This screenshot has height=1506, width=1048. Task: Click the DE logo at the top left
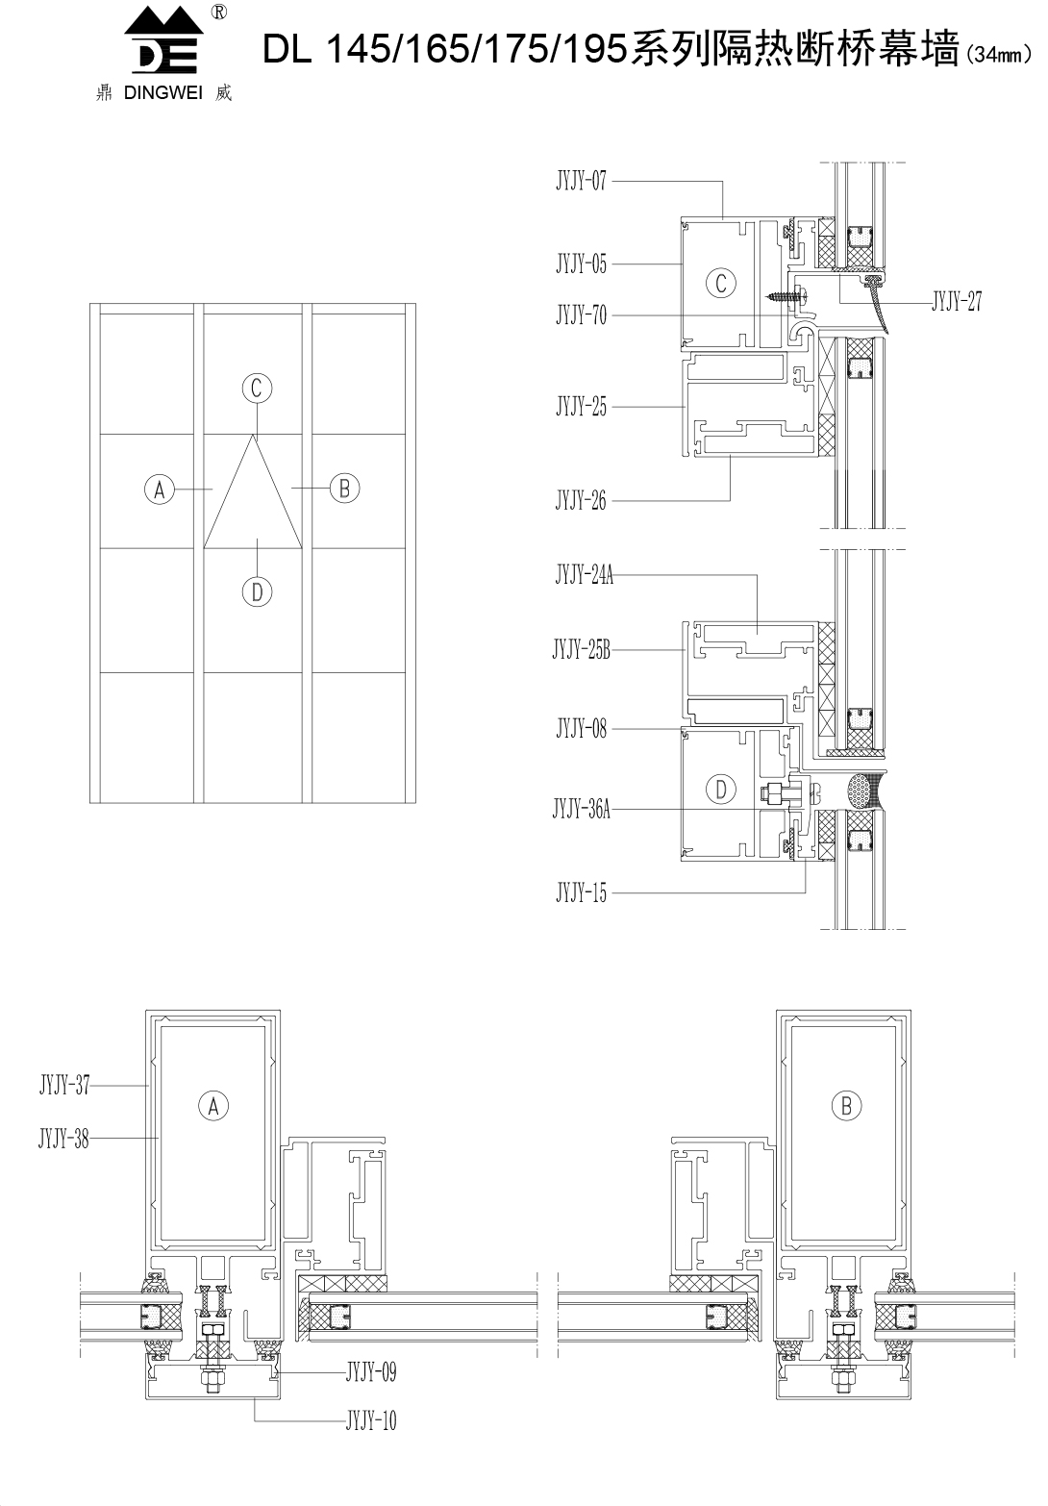tap(163, 41)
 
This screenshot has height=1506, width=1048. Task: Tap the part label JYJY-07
tap(581, 181)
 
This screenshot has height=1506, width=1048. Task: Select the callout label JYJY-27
tap(957, 302)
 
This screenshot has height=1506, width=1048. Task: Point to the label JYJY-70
tap(581, 314)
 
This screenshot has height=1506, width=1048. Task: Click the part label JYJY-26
tap(581, 500)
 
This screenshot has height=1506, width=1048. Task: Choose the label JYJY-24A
tap(585, 575)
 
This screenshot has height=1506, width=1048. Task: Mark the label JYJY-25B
tap(582, 650)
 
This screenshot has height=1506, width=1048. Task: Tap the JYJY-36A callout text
tap(582, 809)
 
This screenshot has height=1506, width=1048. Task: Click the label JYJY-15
tap(581, 892)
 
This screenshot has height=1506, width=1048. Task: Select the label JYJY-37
tap(64, 1085)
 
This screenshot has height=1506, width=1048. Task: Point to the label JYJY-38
tap(63, 1139)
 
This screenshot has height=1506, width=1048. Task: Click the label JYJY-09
tap(371, 1371)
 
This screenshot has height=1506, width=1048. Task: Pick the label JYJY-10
tap(371, 1420)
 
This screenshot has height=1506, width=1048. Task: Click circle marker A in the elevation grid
tap(160, 489)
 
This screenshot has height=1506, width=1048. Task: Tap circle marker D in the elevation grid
tap(257, 592)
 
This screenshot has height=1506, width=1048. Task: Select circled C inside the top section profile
tap(721, 283)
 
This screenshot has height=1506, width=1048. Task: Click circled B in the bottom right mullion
tap(846, 1105)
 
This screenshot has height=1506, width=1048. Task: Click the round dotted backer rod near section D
tap(864, 790)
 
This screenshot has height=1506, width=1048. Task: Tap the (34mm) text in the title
tap(998, 55)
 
